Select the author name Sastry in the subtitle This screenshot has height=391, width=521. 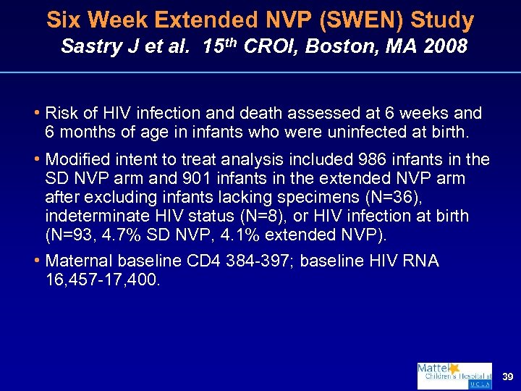89,47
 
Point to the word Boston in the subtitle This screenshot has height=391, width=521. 339,47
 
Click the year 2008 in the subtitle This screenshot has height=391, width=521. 443,47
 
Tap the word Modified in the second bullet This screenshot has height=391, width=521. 76,159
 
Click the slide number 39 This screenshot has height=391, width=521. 506,377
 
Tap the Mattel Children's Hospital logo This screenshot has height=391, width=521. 454,376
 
